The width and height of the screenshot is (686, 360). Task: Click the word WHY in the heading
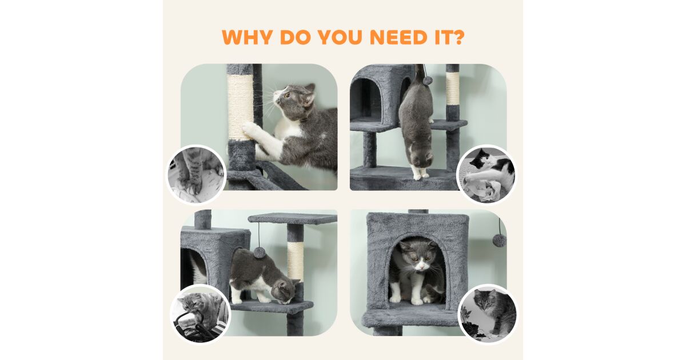point(247,37)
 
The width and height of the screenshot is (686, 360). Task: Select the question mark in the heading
point(457,37)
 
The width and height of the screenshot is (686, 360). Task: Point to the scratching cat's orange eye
point(288,95)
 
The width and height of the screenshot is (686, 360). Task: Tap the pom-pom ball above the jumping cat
point(428,81)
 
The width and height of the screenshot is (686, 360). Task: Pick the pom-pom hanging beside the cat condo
point(499,240)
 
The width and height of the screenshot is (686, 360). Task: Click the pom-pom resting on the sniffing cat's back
point(260,253)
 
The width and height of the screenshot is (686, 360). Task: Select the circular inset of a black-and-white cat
point(486,175)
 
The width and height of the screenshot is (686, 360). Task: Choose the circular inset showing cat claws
point(196,175)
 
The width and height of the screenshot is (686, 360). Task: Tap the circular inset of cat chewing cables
point(200,314)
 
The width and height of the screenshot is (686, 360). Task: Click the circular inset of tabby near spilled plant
point(488,314)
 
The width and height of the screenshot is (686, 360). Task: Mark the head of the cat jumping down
point(422,155)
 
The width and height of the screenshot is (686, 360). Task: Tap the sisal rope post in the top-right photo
point(452,89)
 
